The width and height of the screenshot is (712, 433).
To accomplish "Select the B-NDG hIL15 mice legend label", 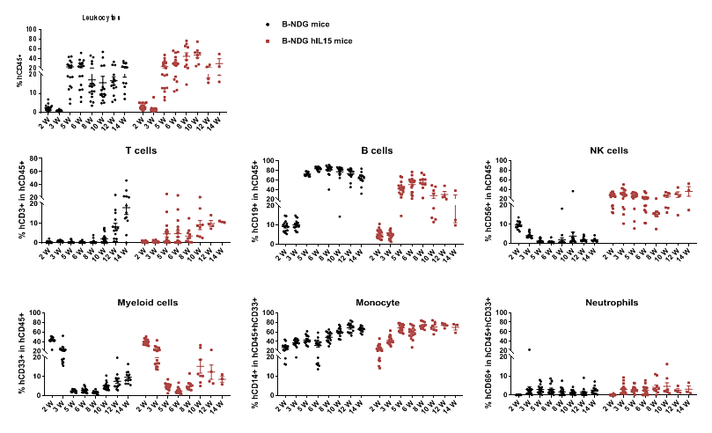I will [316, 40].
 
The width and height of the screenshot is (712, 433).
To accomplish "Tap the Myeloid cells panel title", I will [147, 302].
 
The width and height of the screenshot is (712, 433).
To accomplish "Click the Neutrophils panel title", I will [610, 302].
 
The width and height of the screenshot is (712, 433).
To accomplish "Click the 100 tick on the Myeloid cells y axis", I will [31, 312].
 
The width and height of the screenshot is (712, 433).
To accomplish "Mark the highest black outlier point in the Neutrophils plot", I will [529, 349].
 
